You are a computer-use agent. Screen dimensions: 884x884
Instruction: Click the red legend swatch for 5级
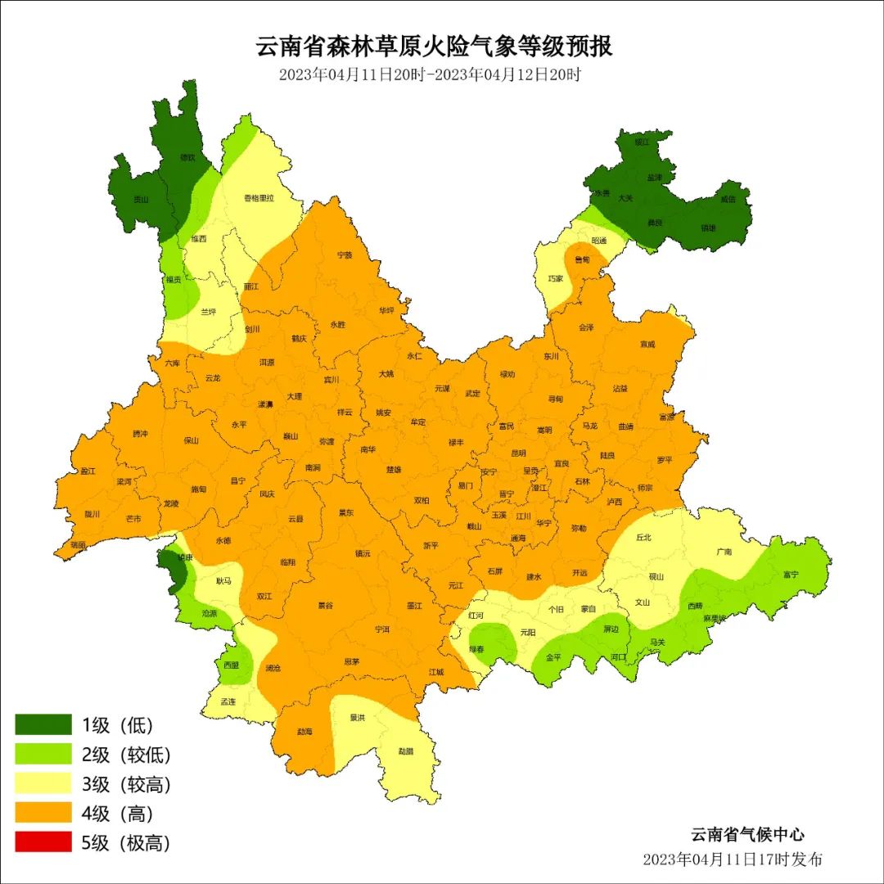43,843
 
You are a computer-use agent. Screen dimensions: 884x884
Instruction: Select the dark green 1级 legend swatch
43,724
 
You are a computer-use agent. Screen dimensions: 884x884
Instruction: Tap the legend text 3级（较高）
126,784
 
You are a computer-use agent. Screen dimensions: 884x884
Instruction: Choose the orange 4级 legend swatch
43,814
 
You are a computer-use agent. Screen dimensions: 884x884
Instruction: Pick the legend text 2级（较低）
126,755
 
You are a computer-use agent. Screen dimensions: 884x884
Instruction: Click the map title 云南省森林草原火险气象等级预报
435,46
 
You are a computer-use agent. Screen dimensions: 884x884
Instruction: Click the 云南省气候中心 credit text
747,835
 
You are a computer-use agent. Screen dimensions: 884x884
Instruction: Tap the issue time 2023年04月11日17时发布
733,859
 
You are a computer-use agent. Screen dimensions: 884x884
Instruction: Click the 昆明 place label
518,453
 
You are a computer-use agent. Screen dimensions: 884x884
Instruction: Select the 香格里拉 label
259,198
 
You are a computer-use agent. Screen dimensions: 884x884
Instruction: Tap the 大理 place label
295,396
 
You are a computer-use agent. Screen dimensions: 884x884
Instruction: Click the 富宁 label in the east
790,575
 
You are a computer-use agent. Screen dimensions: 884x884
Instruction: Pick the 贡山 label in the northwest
142,199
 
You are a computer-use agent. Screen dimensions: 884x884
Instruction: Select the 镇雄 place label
708,228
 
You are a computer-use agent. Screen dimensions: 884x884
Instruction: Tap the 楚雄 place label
394,470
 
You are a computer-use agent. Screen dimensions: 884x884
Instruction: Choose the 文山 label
643,602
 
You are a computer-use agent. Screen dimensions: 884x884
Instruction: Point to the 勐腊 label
406,751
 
